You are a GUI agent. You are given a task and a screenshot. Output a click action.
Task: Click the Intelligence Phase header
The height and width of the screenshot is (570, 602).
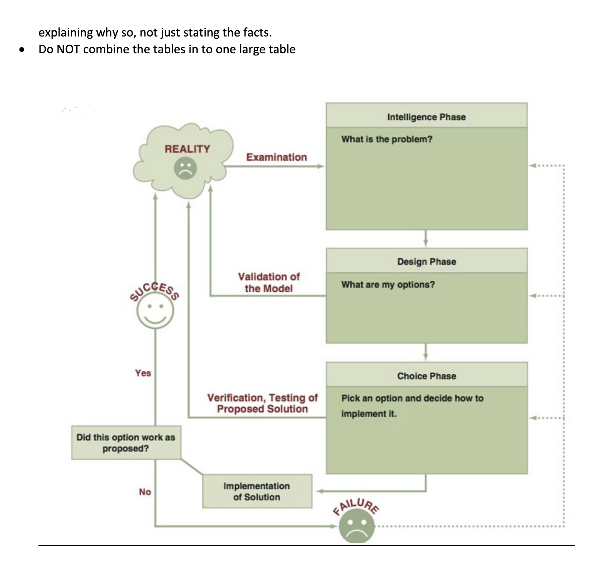pyautogui.click(x=426, y=117)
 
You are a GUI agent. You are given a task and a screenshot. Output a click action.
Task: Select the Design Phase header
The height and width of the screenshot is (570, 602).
pyautogui.click(x=426, y=261)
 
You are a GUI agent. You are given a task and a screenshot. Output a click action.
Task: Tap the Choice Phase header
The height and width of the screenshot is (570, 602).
pyautogui.click(x=426, y=376)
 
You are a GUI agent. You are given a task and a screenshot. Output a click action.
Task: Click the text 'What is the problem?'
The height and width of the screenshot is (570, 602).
pyautogui.click(x=386, y=139)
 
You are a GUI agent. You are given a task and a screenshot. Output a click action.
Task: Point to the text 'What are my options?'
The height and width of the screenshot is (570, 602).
pyautogui.click(x=388, y=284)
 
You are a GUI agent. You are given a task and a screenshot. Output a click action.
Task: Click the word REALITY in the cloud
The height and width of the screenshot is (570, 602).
pyautogui.click(x=187, y=149)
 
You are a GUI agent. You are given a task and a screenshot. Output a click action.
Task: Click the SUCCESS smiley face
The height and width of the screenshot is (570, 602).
pyautogui.click(x=155, y=311)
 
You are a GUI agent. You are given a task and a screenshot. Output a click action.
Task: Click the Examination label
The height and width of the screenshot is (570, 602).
pyautogui.click(x=276, y=157)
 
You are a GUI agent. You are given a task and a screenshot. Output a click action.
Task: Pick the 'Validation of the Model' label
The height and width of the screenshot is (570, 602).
pyautogui.click(x=268, y=282)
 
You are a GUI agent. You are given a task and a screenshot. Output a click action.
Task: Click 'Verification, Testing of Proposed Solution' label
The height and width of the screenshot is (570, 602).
pyautogui.click(x=262, y=403)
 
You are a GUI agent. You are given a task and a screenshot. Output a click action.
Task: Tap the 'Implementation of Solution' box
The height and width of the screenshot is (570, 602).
pyautogui.click(x=257, y=491)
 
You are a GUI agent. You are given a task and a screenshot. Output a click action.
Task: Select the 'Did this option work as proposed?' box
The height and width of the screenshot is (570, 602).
pyautogui.click(x=126, y=443)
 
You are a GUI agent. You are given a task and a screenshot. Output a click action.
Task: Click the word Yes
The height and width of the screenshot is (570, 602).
pyautogui.click(x=143, y=373)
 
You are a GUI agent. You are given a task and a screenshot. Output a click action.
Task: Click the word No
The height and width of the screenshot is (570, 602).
pyautogui.click(x=145, y=492)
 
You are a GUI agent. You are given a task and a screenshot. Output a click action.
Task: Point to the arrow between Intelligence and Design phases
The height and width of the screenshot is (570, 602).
pyautogui.click(x=426, y=239)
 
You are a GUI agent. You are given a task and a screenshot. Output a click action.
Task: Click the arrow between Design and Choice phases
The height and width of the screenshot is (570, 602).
pyautogui.click(x=426, y=352)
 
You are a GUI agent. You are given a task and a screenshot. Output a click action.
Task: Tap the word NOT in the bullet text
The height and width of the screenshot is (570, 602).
pyautogui.click(x=68, y=49)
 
